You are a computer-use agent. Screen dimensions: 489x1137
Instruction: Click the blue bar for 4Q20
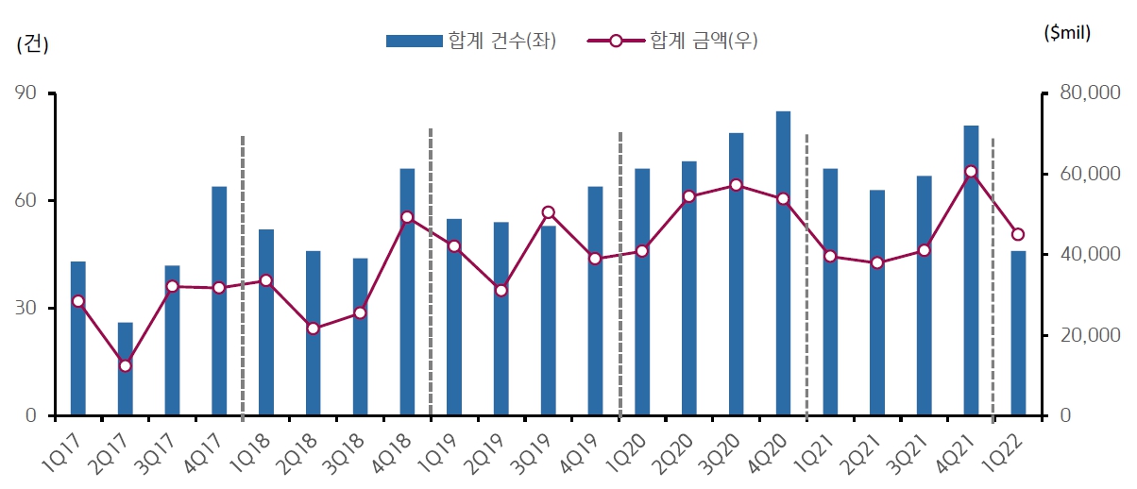[x=783, y=263]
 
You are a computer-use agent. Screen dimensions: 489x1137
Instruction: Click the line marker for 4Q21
[x=971, y=172]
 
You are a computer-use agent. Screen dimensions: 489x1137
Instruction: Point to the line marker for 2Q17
[x=125, y=365]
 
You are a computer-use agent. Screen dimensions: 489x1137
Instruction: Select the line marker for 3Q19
[x=548, y=212]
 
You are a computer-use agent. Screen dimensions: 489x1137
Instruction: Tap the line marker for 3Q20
[x=736, y=185]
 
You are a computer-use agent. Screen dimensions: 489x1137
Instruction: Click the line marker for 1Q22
[x=1018, y=234]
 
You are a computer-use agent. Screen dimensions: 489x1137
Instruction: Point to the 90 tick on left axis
[x=25, y=93]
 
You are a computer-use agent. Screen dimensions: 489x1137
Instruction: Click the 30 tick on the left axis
[x=25, y=309]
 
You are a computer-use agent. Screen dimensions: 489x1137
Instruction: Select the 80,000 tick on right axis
[x=1087, y=93]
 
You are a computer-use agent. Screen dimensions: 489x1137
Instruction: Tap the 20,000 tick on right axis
[x=1087, y=335]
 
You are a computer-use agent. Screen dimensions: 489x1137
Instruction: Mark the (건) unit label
[x=33, y=44]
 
